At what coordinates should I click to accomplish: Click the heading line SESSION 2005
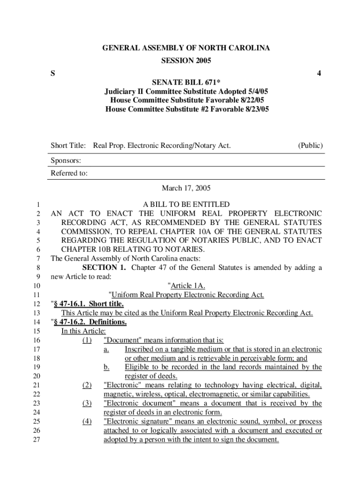point(186,61)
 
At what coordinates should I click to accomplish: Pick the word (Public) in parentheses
point(310,146)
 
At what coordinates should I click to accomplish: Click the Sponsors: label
point(66,160)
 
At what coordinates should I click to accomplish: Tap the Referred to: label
point(69,174)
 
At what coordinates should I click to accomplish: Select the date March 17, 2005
point(186,189)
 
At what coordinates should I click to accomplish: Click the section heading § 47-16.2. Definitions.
point(89,322)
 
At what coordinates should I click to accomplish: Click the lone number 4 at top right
point(319,73)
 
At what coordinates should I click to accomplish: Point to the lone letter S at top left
point(53,73)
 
